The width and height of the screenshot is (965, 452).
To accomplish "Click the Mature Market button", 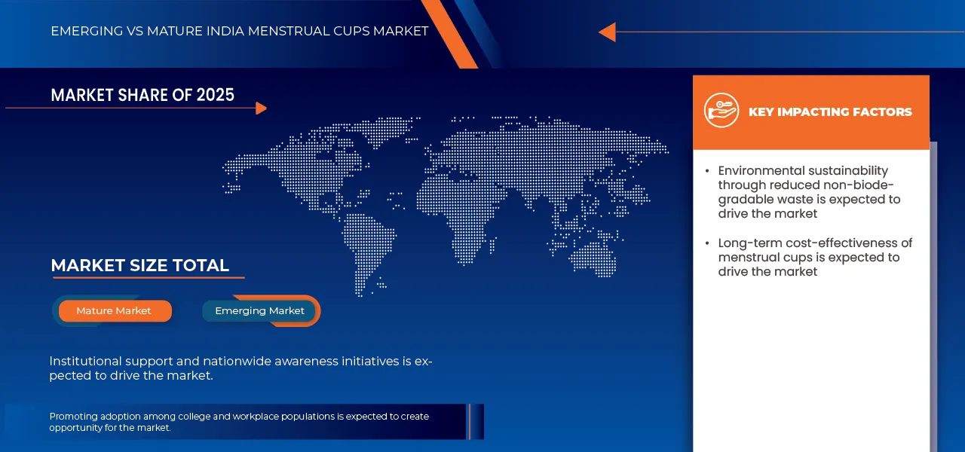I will [114, 311].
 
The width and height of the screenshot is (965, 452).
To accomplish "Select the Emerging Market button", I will [259, 311].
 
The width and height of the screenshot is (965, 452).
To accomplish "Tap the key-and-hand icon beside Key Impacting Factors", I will [721, 111].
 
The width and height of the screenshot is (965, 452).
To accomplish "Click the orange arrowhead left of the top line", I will [607, 32].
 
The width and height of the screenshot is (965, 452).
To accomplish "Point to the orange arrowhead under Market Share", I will [261, 108].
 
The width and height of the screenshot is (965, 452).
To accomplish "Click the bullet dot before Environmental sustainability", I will [706, 171].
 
